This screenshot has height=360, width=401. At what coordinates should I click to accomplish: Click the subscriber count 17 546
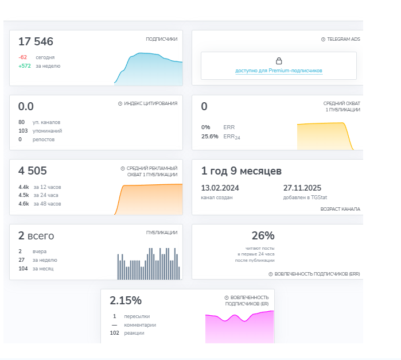[x=36, y=41]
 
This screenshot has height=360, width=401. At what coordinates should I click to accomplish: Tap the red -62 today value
[x=23, y=57]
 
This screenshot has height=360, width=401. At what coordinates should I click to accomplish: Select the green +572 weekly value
[x=25, y=66]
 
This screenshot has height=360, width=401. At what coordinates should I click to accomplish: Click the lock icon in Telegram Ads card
[x=279, y=61]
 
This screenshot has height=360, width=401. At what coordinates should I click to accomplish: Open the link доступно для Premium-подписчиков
[x=278, y=71]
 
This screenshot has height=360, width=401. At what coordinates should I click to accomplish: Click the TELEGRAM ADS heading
[x=344, y=39]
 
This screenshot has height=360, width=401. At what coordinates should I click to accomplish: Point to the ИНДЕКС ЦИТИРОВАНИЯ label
[x=151, y=103]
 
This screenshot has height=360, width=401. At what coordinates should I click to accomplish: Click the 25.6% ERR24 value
[x=210, y=137]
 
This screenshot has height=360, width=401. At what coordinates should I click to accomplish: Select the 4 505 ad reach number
[x=33, y=171]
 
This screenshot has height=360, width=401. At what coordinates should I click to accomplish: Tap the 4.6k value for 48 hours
[x=24, y=204]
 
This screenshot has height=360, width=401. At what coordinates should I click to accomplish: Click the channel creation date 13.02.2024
[x=220, y=188]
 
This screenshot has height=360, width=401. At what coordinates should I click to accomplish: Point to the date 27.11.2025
[x=302, y=188]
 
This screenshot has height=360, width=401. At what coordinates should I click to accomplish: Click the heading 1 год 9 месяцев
[x=241, y=171]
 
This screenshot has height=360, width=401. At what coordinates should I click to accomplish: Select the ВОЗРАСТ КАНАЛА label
[x=340, y=209]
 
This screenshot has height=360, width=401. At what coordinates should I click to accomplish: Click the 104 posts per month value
[x=23, y=269]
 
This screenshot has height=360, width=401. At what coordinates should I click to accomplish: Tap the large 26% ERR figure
[x=263, y=235]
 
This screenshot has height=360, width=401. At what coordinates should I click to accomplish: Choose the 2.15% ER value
[x=126, y=301]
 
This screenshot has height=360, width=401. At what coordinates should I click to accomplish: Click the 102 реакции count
[x=115, y=333]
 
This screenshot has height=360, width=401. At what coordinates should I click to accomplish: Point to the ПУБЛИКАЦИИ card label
[x=162, y=233]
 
